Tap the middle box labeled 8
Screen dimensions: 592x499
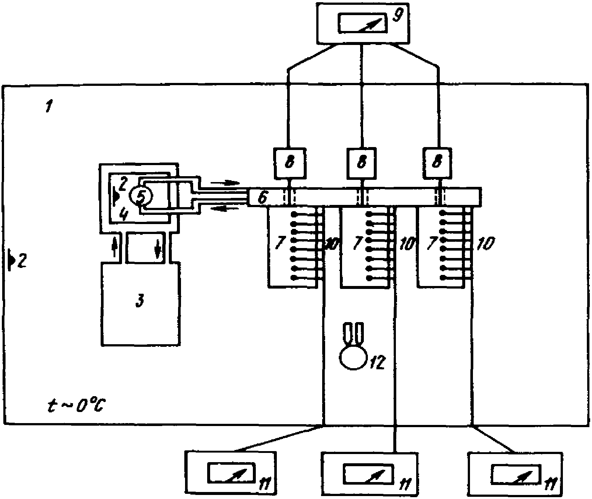pyautogui.click(x=362, y=163)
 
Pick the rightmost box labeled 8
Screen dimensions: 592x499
pyautogui.click(x=437, y=163)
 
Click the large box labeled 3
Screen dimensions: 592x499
pyautogui.click(x=140, y=304)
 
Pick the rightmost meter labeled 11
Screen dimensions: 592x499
pyautogui.click(x=515, y=474)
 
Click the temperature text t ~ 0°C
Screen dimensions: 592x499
pyautogui.click(x=77, y=405)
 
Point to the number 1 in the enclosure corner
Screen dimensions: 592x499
pyautogui.click(x=48, y=108)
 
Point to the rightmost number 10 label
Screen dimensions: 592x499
pyautogui.click(x=485, y=244)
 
